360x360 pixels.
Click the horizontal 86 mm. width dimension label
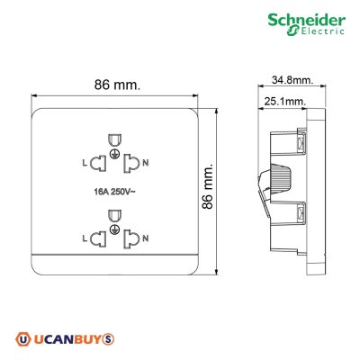(x=114, y=86)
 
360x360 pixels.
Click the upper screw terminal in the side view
(x=299, y=142)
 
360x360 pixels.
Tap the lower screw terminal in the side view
(x=299, y=213)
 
